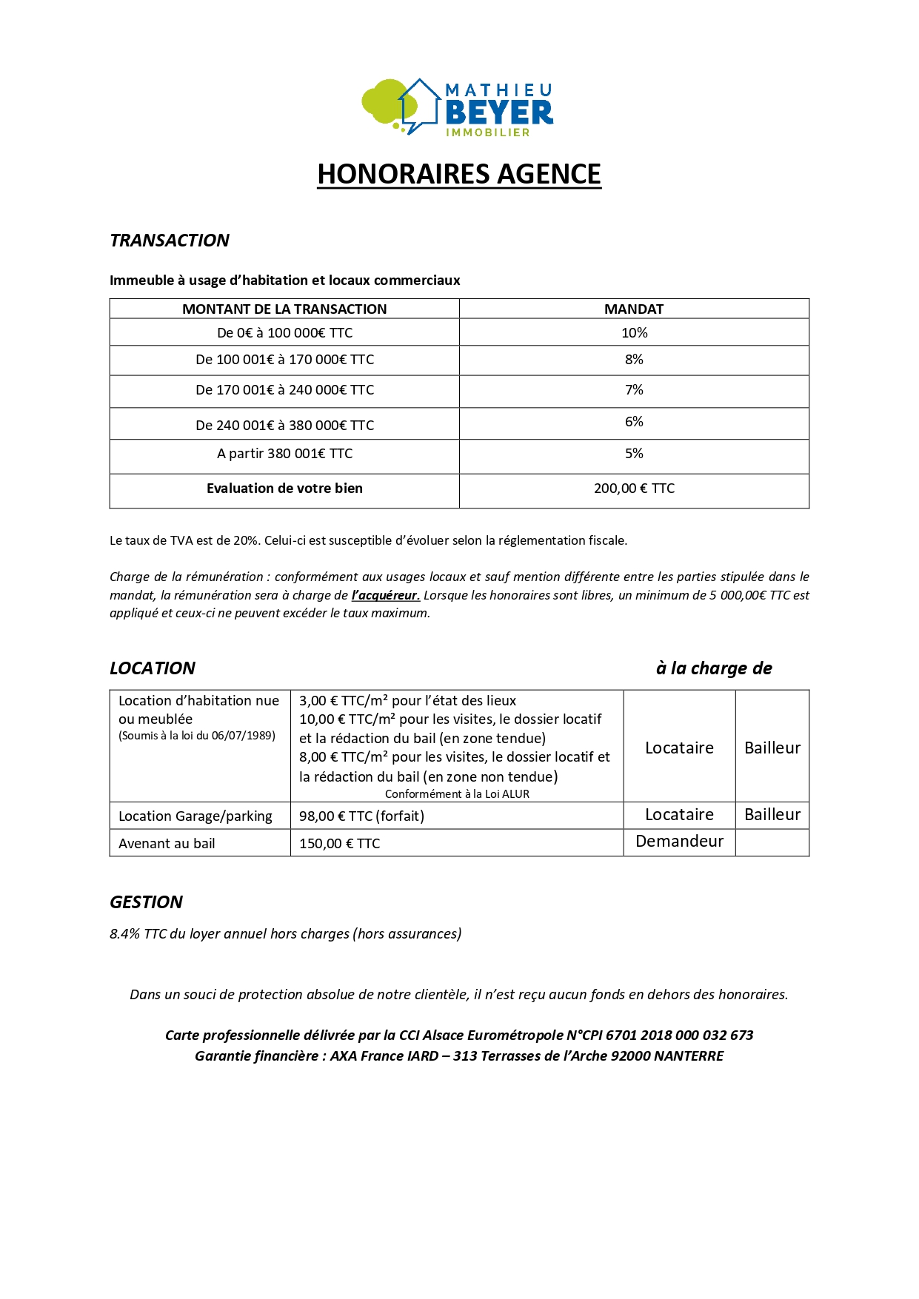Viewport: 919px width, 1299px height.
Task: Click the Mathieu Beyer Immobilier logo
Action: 458,108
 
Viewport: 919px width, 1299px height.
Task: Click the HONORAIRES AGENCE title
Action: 459,174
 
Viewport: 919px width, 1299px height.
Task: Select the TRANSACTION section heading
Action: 170,241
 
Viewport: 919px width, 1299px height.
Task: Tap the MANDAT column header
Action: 634,309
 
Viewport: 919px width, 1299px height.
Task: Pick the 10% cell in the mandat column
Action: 634,333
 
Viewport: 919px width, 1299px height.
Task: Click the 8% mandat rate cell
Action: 634,360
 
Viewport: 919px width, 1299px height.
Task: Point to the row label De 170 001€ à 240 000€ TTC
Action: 284,390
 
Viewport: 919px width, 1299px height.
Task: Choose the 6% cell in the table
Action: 634,422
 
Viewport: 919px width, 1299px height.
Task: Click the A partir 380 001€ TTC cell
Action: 284,454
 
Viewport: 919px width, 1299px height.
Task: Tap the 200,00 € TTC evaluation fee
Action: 634,489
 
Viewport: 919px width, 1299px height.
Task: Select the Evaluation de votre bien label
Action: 284,489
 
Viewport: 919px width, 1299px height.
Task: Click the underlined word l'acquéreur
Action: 385,595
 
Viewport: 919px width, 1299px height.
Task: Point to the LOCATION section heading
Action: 153,668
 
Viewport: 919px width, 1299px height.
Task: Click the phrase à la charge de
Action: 714,668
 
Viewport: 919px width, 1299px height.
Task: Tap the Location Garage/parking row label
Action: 196,816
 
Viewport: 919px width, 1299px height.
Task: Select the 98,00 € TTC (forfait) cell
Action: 361,816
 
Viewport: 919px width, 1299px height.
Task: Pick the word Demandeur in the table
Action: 679,842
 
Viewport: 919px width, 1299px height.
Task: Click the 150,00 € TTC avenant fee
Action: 339,844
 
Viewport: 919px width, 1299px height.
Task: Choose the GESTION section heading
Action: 146,902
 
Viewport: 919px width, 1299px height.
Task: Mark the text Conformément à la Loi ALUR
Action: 457,794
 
